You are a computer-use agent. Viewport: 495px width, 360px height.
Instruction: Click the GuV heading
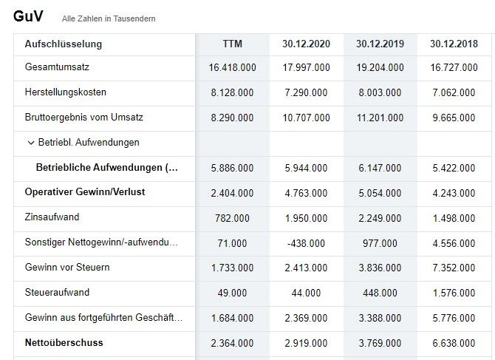coord(29,16)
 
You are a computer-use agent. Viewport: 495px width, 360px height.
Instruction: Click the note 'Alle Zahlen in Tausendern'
coord(109,18)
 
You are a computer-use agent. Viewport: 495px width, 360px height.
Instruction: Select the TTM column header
coord(233,44)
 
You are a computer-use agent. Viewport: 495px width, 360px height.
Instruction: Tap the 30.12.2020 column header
coord(306,44)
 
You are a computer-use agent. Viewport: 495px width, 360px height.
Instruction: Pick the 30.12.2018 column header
coord(454,44)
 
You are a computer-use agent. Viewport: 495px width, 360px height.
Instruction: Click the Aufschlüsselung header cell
coord(64,44)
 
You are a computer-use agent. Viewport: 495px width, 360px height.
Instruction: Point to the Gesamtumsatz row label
coord(58,68)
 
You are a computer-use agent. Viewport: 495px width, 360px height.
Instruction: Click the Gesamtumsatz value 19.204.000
coord(380,68)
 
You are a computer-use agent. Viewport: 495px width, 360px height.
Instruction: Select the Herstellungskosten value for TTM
coord(233,93)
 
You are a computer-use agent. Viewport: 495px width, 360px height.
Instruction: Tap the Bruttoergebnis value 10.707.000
coord(306,118)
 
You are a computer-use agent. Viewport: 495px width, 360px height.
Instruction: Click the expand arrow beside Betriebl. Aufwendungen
coord(31,143)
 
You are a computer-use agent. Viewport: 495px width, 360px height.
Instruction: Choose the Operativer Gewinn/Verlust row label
coord(85,192)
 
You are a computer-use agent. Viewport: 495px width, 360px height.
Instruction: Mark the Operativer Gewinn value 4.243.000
coord(454,193)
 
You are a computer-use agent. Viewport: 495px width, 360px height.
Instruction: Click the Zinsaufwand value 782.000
coord(233,218)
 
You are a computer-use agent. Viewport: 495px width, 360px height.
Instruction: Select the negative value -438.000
coord(306,243)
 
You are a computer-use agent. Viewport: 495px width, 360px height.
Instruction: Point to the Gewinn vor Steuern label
coord(67,268)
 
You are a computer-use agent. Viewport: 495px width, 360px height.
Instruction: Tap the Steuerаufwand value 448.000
coord(380,293)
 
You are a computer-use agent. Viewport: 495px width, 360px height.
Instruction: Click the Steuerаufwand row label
coord(57,293)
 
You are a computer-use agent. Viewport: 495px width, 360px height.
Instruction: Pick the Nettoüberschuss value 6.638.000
coord(454,343)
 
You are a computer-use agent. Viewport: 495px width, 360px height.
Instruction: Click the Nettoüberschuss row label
coord(64,343)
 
